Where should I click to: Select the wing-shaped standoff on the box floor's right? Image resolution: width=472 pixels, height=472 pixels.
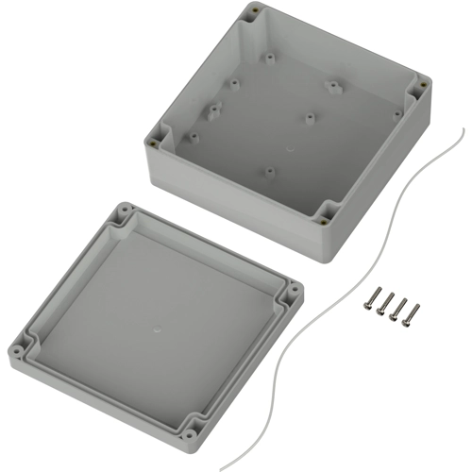point(332,87)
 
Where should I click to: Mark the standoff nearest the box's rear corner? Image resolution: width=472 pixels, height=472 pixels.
point(268,58)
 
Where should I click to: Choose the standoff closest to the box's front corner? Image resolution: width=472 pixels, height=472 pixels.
point(269,172)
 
